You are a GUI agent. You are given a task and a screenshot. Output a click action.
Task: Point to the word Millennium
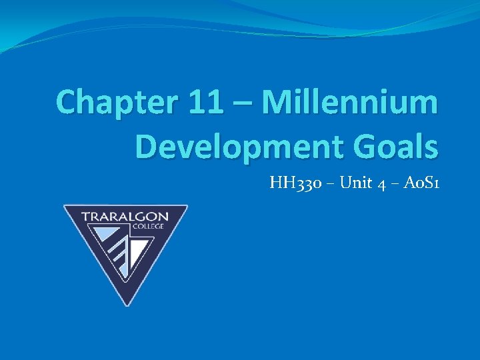click(350, 103)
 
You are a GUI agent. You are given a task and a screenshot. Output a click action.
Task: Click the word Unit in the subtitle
click(354, 183)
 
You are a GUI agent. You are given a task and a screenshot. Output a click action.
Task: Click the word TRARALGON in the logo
click(125, 216)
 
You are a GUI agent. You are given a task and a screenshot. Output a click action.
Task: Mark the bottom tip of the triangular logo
click(125, 304)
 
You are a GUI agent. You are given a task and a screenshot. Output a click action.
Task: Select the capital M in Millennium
click(275, 103)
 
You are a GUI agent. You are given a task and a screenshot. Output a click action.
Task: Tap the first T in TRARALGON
click(86, 216)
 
